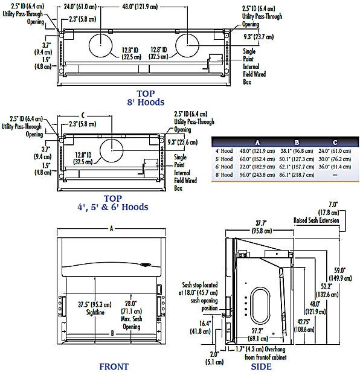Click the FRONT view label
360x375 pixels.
[x=114, y=366]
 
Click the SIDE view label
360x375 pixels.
[x=261, y=367]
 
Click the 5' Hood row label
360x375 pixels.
[x=223, y=159]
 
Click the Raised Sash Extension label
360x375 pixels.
[x=318, y=220]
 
